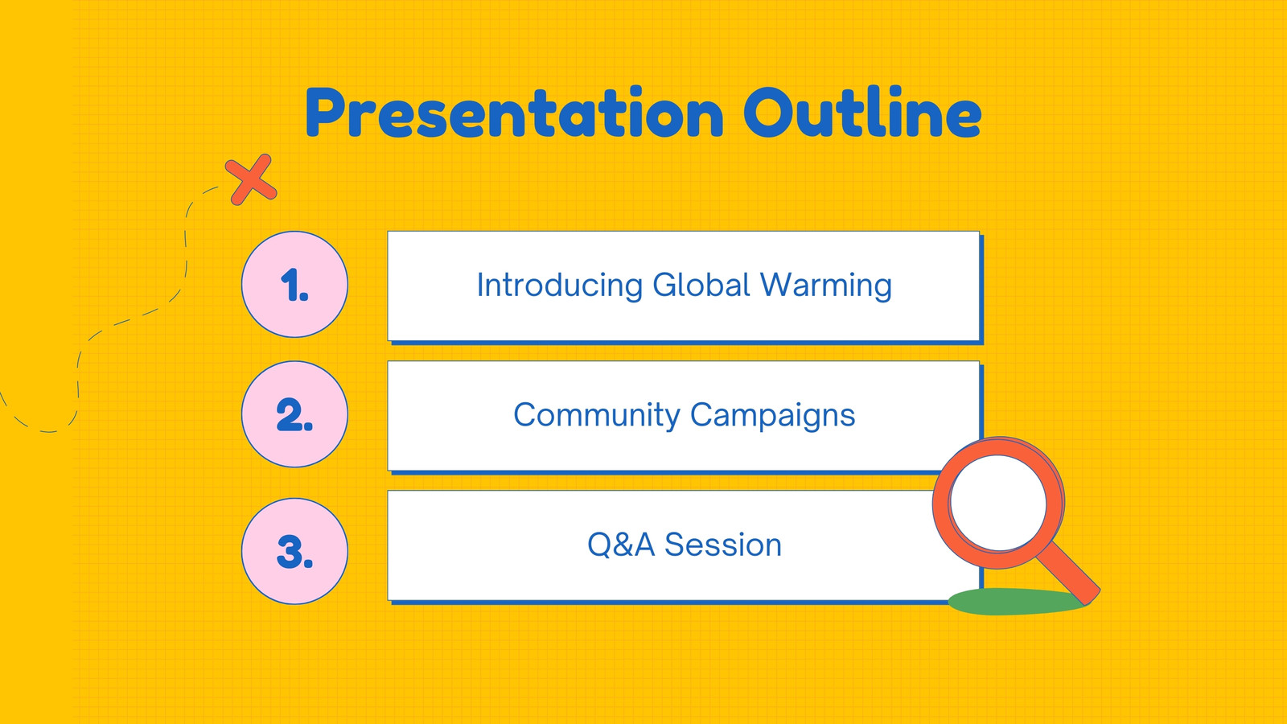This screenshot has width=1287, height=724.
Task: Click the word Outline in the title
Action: (862, 112)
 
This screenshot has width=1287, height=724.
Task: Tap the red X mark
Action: (251, 179)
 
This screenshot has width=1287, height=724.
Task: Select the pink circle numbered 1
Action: (294, 285)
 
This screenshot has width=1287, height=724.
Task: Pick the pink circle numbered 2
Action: (294, 414)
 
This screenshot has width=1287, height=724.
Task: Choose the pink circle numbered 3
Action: (294, 551)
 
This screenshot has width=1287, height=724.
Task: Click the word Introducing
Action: (560, 286)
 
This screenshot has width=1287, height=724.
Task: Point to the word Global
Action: (701, 285)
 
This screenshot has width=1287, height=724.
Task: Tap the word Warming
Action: (826, 286)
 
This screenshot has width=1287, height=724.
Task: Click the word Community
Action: (596, 415)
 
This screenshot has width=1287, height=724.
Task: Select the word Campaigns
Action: (773, 415)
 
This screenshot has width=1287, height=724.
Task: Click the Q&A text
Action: (621, 545)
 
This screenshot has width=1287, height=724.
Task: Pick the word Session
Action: (723, 545)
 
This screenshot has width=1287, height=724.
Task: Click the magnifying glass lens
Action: (998, 503)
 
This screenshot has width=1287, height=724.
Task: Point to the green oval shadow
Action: (1014, 602)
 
